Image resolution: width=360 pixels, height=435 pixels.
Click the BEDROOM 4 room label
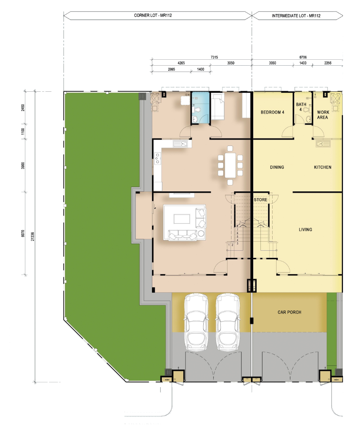coord(272,112)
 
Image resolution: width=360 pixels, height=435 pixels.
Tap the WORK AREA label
coord(323,115)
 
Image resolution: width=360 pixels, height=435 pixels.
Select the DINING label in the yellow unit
coord(277,167)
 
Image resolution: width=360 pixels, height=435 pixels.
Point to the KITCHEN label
coord(322,167)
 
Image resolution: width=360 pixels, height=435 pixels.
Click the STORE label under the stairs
coord(260,200)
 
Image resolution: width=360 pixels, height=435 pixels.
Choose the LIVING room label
coord(305,229)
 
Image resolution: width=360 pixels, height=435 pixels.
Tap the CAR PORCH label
coord(290,312)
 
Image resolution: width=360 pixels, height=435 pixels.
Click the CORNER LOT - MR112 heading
coord(153,15)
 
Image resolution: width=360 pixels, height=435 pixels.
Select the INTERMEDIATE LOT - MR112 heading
coord(296,16)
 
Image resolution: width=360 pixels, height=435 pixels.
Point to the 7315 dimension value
coord(214,57)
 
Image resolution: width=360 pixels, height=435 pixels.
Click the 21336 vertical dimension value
coord(32,236)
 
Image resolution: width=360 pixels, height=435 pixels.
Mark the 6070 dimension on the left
coord(23,233)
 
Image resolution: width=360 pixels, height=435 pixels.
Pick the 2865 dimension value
coord(171,69)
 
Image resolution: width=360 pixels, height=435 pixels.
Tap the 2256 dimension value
coord(328,63)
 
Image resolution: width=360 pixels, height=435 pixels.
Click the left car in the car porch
coord(196,322)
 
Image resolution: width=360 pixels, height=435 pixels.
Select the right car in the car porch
coord(227,322)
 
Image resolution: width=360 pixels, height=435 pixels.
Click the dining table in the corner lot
coord(230,165)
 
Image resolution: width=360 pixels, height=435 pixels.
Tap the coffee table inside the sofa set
coord(182,219)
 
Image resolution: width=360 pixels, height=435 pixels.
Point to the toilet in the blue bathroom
coord(197,110)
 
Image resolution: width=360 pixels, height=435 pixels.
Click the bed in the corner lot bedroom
coord(218,106)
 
